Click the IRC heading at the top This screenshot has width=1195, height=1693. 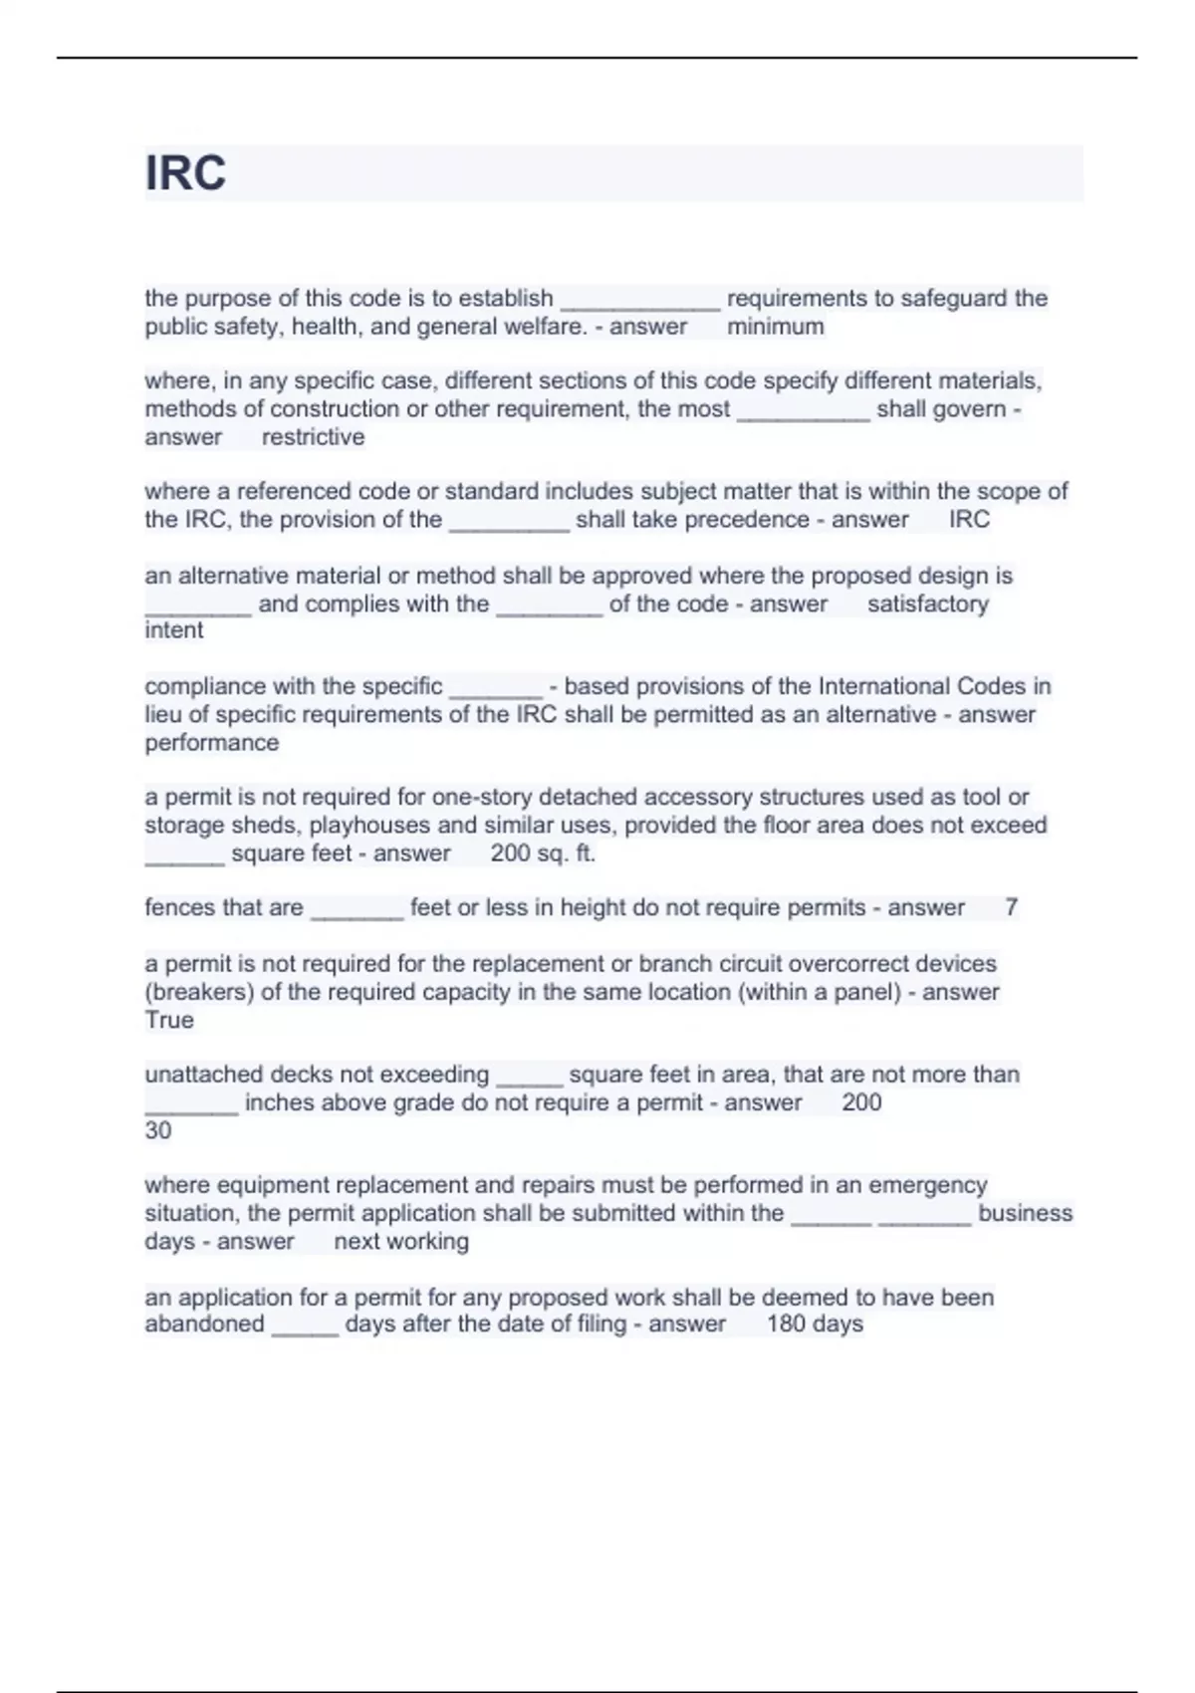pyautogui.click(x=186, y=173)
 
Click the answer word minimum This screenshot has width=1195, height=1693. pyautogui.click(x=775, y=327)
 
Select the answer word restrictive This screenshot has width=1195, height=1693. pyautogui.click(x=313, y=437)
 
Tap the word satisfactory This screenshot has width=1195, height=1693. pyautogui.click(x=927, y=605)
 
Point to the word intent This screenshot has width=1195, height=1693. pyautogui.click(x=174, y=630)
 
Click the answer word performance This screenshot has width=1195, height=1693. pyautogui.click(x=212, y=743)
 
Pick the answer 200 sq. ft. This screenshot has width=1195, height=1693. pyautogui.click(x=543, y=853)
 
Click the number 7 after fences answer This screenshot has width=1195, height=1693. pyautogui.click(x=1011, y=908)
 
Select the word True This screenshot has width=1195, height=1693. pyautogui.click(x=169, y=1020)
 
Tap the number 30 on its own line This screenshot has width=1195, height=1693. pyautogui.click(x=158, y=1131)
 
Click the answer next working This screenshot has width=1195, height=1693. pyautogui.click(x=401, y=1242)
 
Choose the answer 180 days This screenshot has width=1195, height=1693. pyautogui.click(x=815, y=1325)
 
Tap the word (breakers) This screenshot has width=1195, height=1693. pyautogui.click(x=199, y=992)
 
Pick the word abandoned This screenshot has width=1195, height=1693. pyautogui.click(x=204, y=1325)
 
